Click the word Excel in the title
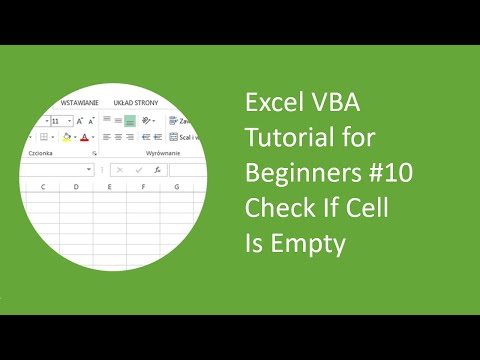[x=272, y=104]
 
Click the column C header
[x=43, y=187]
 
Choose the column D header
[x=77, y=187]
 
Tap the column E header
[x=110, y=187]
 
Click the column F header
[x=143, y=187]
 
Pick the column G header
[x=176, y=187]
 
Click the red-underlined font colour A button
[x=84, y=137]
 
